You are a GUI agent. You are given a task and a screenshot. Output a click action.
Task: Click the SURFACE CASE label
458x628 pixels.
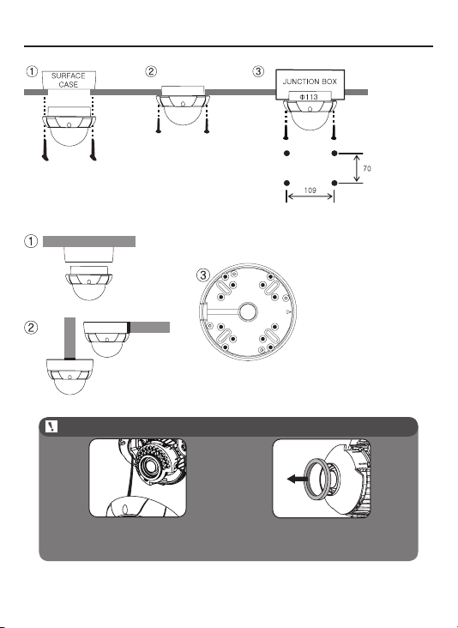point(69,80)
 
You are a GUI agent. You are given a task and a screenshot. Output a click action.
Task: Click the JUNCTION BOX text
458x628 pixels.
point(310,82)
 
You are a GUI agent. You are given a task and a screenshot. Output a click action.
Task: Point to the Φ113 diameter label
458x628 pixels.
point(309,97)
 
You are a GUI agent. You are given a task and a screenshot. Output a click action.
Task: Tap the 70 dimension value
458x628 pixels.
point(367,169)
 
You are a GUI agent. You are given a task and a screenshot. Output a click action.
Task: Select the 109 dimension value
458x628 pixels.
point(310,190)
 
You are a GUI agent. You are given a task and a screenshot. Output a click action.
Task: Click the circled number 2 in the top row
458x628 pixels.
point(151,72)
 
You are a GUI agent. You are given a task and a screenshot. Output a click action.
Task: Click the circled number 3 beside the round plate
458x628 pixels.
point(203,275)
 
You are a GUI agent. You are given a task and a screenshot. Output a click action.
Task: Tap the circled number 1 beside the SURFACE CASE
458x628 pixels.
point(32,72)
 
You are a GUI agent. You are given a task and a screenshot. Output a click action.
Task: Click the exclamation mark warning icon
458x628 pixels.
point(52,426)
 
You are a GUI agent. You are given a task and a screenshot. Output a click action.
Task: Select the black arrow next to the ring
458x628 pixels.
point(297,479)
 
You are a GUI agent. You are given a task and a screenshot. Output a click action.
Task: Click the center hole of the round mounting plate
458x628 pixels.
point(248,311)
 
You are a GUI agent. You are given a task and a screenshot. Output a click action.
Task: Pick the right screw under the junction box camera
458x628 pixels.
point(333,132)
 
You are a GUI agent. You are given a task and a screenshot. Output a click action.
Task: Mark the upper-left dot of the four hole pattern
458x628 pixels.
point(286,153)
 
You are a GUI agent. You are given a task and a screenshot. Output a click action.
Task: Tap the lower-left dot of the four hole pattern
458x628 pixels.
point(286,183)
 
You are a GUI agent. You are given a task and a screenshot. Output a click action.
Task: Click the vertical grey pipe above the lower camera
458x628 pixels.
point(70,338)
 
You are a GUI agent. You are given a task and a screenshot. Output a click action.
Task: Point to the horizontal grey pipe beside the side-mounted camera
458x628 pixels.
point(149,327)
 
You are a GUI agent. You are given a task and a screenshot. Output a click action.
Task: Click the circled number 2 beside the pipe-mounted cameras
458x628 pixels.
point(31,328)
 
